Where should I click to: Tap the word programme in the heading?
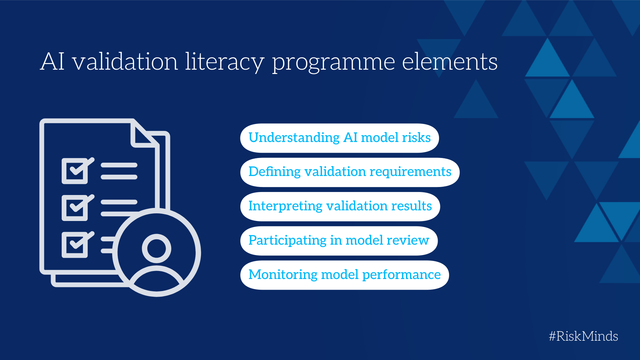(333, 63)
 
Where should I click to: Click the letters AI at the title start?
(52, 61)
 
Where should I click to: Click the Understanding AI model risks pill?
(339, 138)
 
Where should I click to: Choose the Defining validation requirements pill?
(350, 172)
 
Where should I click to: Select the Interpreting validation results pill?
(340, 207)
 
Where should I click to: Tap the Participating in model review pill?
(339, 241)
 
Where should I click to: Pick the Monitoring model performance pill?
(344, 275)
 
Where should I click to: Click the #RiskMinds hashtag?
(583, 336)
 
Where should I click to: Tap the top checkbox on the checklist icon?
(75, 171)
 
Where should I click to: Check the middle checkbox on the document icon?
(75, 208)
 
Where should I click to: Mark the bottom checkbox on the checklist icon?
(75, 245)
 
